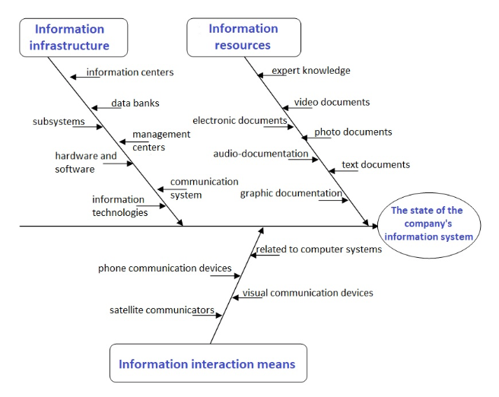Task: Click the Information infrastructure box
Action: point(74,37)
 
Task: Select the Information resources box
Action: point(243,37)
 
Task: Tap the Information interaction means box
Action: point(208,363)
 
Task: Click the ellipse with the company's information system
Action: point(429,225)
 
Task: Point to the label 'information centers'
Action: point(130,72)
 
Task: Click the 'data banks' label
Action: point(135,103)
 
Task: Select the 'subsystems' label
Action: point(59,121)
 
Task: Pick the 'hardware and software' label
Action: point(86,162)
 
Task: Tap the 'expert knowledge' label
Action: point(311,71)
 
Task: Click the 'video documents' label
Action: point(332,102)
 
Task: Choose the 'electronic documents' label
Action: point(240,121)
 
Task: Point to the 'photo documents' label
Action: point(353,132)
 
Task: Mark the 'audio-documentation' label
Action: point(261,154)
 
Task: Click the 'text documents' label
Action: point(376,164)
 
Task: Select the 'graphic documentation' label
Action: point(291,193)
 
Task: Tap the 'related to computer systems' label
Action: point(319,249)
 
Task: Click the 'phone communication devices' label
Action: point(165,268)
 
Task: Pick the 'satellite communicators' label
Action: point(162,310)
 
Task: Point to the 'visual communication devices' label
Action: point(308,293)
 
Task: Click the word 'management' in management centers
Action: point(161,135)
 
